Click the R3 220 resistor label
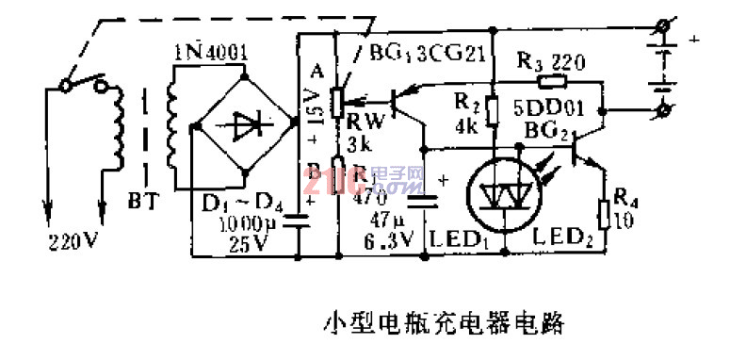click(553, 64)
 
